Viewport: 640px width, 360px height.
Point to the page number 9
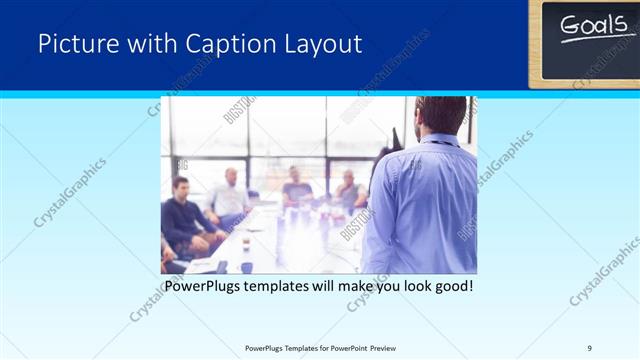pyautogui.click(x=589, y=347)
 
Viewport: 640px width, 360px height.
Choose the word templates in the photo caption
pyautogui.click(x=287, y=286)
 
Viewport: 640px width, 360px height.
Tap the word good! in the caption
pyautogui.click(x=451, y=286)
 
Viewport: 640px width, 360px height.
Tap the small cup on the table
pyautogui.click(x=246, y=243)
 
